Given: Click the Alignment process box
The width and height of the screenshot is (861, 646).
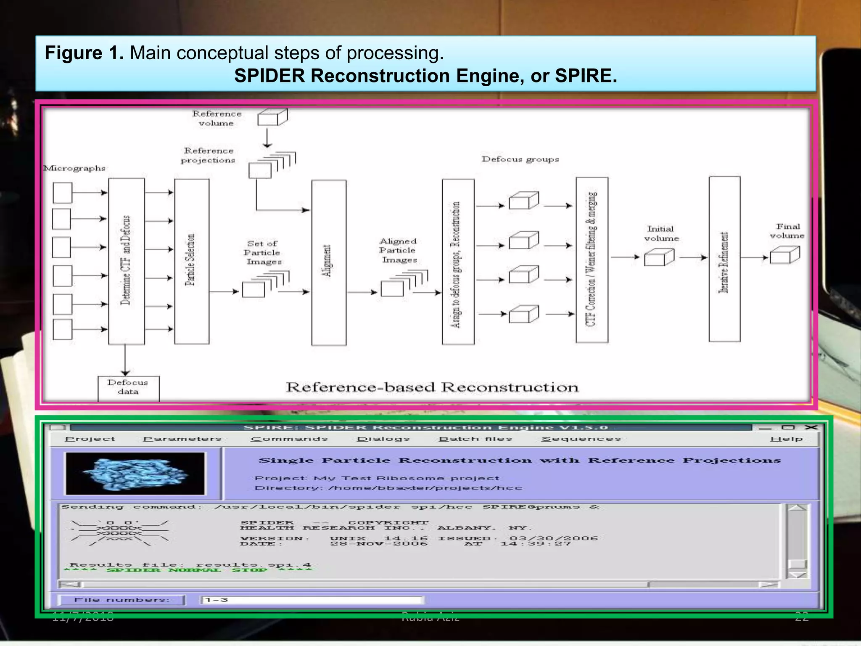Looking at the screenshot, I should pyautogui.click(x=329, y=262).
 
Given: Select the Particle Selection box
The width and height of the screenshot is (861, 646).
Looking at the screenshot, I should pyautogui.click(x=192, y=261).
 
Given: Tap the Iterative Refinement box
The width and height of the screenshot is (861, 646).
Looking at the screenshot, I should pyautogui.click(x=724, y=259).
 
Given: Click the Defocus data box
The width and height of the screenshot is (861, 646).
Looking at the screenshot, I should pyautogui.click(x=128, y=388).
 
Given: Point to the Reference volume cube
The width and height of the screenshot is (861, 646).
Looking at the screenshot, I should pyautogui.click(x=272, y=117).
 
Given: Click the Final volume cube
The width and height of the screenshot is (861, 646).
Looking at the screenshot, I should pyautogui.click(x=784, y=255).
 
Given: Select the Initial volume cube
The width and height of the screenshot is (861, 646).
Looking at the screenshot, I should pyautogui.click(x=659, y=257).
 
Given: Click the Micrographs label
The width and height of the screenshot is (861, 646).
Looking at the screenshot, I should pyautogui.click(x=75, y=168).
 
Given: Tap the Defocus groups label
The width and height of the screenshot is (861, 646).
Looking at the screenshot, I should pyautogui.click(x=520, y=159).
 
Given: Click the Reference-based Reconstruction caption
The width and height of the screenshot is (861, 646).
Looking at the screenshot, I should pyautogui.click(x=432, y=387).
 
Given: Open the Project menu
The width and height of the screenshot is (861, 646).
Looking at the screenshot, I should pyautogui.click(x=90, y=439).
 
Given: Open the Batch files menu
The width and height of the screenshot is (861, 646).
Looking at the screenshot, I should pyautogui.click(x=475, y=439).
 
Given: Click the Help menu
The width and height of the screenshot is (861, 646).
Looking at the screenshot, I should pyautogui.click(x=786, y=439).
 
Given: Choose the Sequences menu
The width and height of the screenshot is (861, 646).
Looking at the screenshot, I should pyautogui.click(x=581, y=439).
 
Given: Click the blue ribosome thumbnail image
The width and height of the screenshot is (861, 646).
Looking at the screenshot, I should pyautogui.click(x=135, y=474).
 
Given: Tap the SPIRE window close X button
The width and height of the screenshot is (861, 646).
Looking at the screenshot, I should pyautogui.click(x=811, y=427).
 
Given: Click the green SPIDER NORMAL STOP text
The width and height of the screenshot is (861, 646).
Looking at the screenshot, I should pyautogui.click(x=188, y=570).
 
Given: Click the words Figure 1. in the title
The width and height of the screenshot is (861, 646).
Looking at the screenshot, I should pyautogui.click(x=84, y=53).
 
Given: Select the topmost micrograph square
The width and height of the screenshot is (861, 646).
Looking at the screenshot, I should pyautogui.click(x=63, y=193).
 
